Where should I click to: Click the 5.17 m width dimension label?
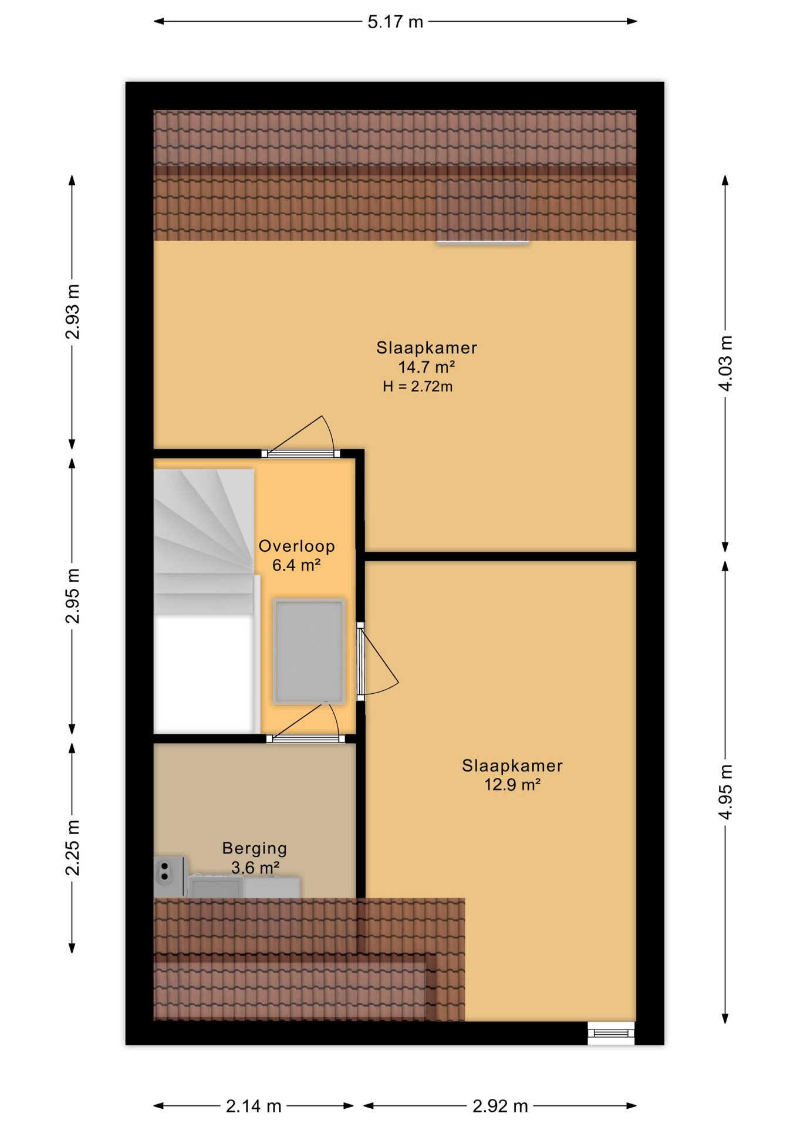395,22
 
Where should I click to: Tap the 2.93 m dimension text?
73,312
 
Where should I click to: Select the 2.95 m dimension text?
73,596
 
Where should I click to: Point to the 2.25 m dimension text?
73,848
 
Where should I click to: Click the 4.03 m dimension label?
726,363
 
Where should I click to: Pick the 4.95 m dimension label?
726,792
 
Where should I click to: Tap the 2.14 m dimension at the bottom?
254,1106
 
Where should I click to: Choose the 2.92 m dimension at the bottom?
501,1106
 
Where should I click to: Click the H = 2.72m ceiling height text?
418,386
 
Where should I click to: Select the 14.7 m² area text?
427,367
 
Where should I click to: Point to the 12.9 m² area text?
512,784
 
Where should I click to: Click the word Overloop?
297,546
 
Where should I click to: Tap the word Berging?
255,848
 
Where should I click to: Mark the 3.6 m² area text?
255,867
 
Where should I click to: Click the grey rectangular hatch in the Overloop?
309,651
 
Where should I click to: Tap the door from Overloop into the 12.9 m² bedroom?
377,662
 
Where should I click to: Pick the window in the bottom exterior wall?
611,1033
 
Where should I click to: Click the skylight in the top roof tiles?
482,211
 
